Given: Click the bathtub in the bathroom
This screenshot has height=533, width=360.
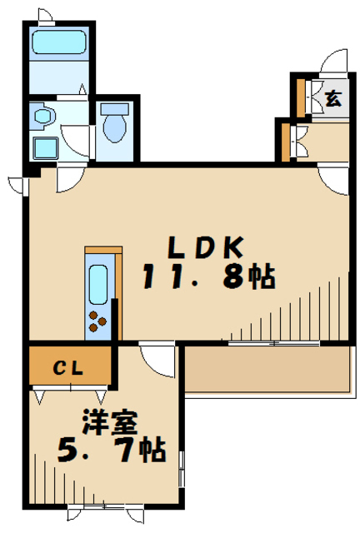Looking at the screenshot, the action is click(58, 42).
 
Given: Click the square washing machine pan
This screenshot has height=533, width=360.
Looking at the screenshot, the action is click(45, 148).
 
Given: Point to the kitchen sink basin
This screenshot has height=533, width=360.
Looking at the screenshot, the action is click(98, 285).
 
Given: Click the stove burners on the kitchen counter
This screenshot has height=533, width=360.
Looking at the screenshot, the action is click(97, 321).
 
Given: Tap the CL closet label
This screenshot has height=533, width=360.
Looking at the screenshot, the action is click(68, 367).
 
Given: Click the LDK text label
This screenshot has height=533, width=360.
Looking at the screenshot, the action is click(206, 247).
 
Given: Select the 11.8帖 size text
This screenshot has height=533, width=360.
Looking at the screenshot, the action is click(209, 276).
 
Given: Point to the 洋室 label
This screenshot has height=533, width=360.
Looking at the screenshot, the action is click(109, 422).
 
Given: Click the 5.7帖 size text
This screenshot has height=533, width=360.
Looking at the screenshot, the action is click(112, 450).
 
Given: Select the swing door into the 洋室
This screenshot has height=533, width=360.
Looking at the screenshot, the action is click(157, 361).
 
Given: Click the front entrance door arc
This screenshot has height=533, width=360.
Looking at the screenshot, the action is click(334, 61).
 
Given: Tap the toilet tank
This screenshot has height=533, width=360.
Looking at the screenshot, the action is click(115, 109).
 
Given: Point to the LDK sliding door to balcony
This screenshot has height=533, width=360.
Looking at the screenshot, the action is click(274, 343).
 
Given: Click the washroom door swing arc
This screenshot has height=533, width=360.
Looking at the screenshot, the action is click(76, 142).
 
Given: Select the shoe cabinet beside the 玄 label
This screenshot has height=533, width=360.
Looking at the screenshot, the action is click(301, 98).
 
